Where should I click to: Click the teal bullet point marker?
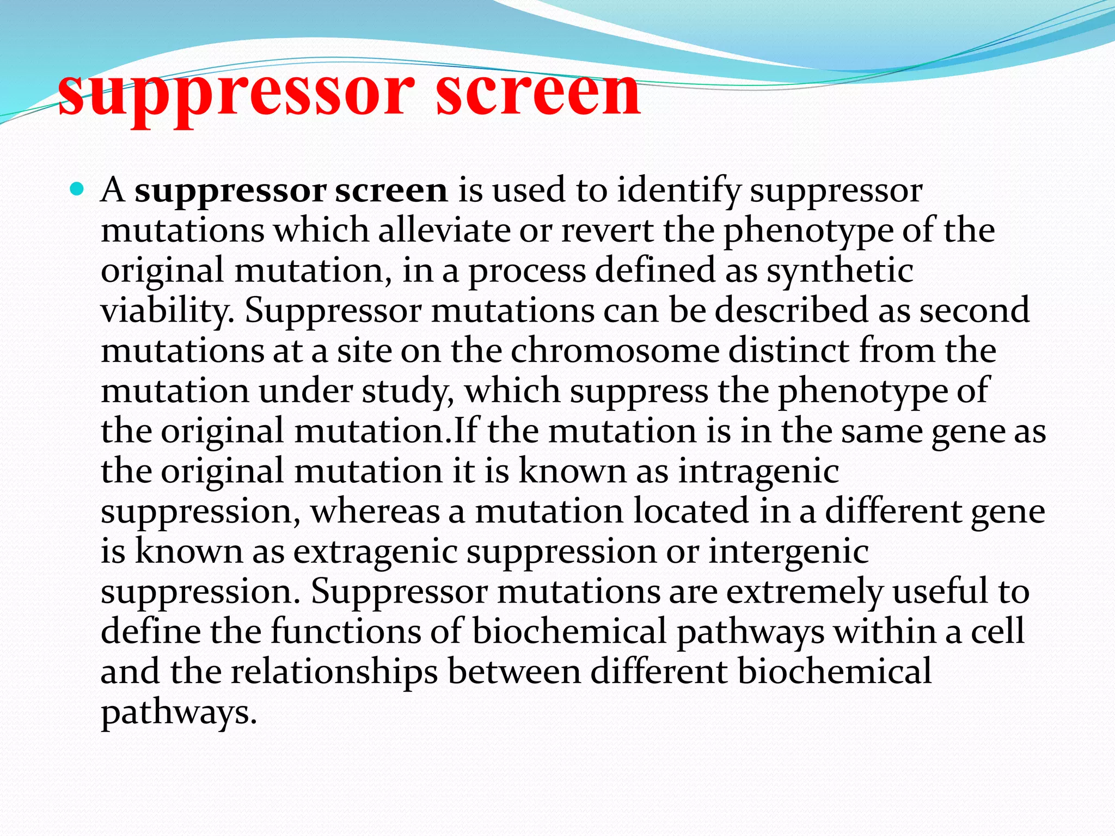78,189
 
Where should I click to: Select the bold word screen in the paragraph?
391,190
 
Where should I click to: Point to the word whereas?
375,512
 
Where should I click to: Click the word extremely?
805,592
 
